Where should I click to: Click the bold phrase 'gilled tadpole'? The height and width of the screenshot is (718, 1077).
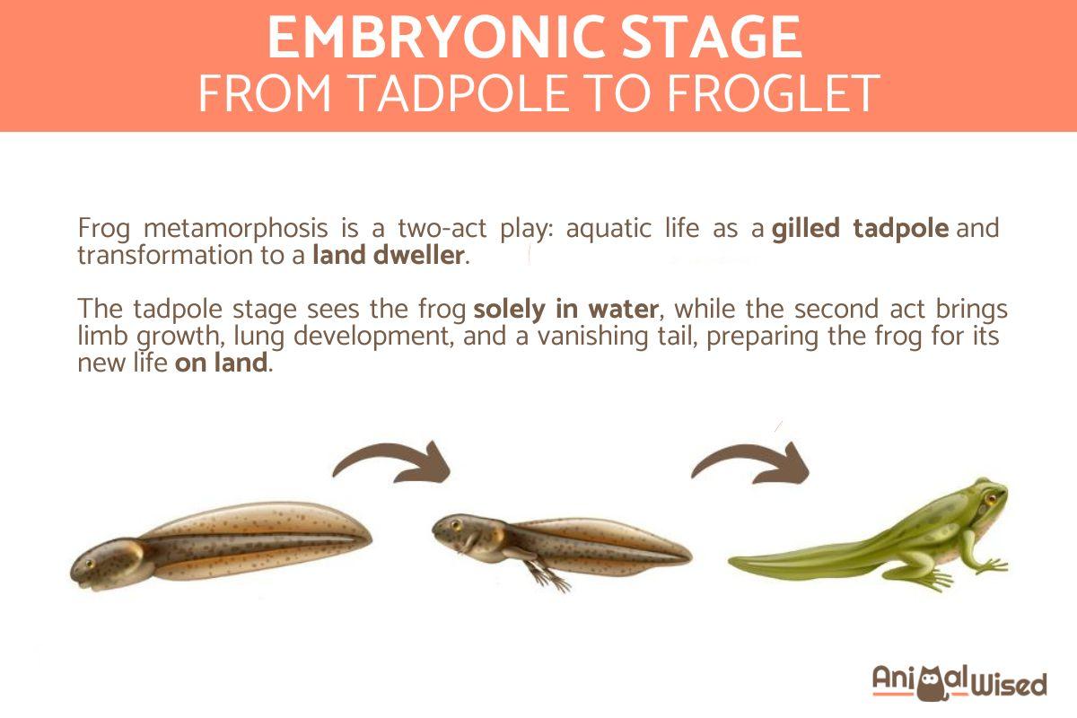pyautogui.click(x=860, y=228)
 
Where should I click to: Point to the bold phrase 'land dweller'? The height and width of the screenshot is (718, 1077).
pyautogui.click(x=389, y=256)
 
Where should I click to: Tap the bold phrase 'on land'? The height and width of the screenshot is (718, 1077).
pyautogui.click(x=221, y=364)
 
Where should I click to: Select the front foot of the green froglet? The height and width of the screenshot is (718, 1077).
pyautogui.click(x=992, y=566)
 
